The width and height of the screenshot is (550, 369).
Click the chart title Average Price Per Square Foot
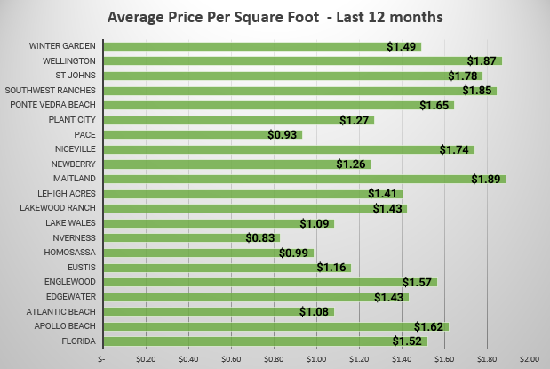coord(275,18)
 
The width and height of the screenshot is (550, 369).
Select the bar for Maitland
coord(302,179)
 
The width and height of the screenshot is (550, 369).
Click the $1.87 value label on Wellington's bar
coord(482,60)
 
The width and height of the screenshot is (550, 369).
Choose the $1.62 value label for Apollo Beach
coord(428,326)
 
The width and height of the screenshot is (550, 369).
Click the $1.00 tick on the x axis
coord(316,358)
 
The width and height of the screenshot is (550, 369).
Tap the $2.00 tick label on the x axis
coord(530,358)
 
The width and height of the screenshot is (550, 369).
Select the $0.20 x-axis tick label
coord(146,358)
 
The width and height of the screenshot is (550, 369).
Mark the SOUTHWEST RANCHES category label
coord(51,90)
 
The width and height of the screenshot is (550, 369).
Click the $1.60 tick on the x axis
coord(444,358)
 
